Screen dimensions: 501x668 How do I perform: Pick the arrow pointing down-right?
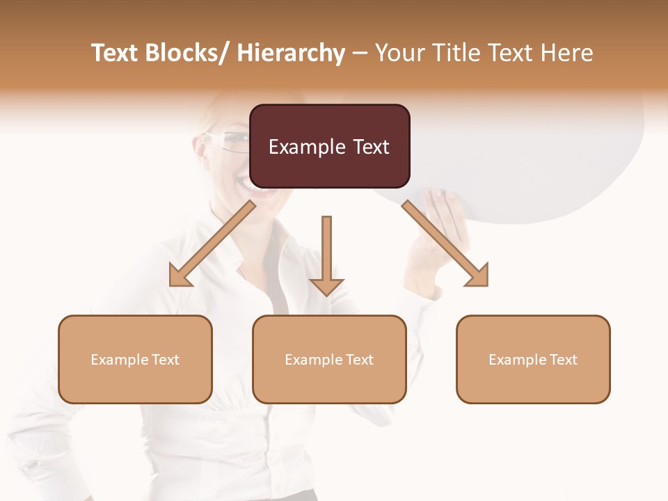(445, 244)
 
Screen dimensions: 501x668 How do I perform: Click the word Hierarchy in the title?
(291, 53)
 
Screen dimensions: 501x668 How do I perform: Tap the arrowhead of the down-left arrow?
(180, 276)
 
